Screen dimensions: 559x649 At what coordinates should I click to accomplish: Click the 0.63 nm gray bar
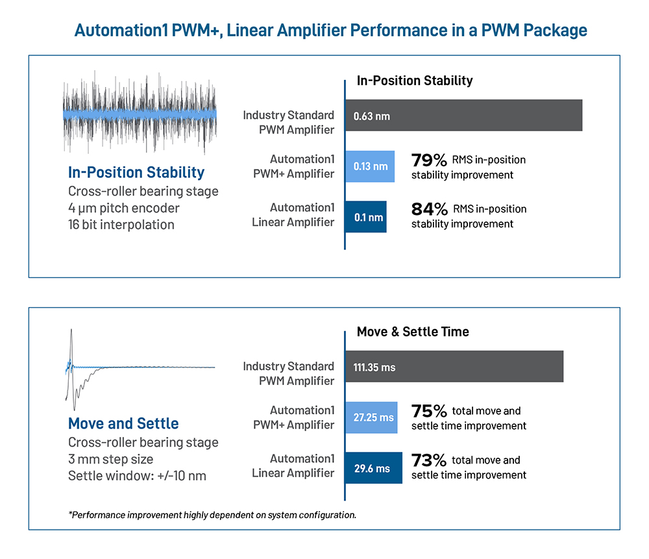tap(463, 116)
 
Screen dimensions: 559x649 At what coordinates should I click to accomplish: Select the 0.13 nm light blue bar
tap(370, 166)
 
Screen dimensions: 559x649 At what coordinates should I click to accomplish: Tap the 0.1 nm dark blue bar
tap(366, 217)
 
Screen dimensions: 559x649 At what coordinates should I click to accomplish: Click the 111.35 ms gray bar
tap(454, 367)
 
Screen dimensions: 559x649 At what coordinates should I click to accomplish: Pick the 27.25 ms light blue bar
tap(371, 417)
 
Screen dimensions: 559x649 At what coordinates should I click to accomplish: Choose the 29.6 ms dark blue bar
tap(373, 467)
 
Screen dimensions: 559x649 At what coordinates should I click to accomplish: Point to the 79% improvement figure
tap(430, 160)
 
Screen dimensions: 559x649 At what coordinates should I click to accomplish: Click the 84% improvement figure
tap(430, 209)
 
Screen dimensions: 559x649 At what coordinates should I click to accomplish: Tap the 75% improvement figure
tap(430, 411)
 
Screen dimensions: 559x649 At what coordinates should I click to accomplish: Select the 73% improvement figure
tap(430, 460)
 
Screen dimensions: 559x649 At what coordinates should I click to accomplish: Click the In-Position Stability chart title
tap(415, 81)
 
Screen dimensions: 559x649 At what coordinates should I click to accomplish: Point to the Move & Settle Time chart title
tap(413, 332)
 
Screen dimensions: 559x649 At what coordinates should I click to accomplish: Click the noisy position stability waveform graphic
tap(139, 114)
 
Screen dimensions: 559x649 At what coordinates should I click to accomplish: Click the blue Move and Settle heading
tap(123, 424)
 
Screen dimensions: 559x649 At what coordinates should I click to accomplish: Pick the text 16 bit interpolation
tap(121, 225)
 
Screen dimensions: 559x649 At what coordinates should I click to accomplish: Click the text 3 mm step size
tap(111, 459)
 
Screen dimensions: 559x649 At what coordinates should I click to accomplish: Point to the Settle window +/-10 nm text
tap(137, 476)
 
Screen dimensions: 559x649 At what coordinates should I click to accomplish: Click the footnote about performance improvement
tap(212, 515)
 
